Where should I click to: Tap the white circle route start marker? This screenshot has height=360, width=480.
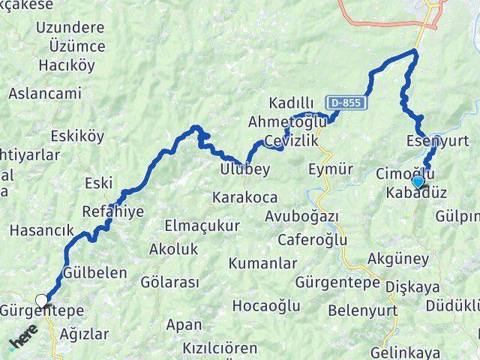click(x=41, y=301)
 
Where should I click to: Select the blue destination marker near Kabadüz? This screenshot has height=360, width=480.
click(x=418, y=181)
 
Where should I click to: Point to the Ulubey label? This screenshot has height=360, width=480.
click(x=245, y=169)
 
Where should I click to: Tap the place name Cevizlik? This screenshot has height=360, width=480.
click(x=292, y=141)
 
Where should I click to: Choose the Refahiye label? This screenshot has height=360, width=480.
click(x=113, y=211)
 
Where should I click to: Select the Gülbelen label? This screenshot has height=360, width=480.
click(x=95, y=272)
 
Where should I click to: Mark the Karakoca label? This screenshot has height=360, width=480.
click(x=245, y=198)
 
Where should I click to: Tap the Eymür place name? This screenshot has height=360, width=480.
click(x=330, y=169)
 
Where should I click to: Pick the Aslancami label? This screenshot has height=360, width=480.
click(x=45, y=94)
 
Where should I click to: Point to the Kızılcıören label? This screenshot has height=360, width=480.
click(x=212, y=348)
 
